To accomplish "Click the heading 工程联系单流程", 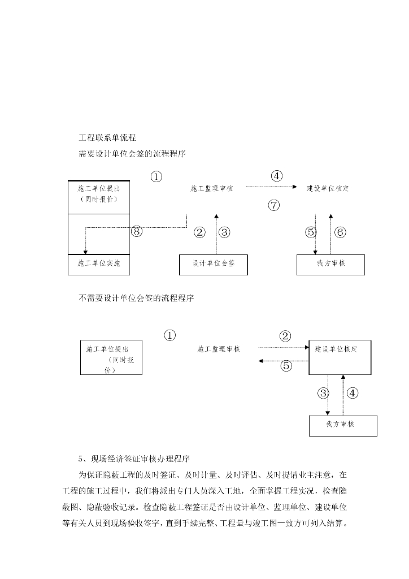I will [x=107, y=137].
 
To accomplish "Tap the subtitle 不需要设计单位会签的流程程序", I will [x=136, y=298].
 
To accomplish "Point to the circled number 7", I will [x=274, y=205].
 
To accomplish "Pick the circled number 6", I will [x=340, y=232].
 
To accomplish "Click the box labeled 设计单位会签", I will [x=214, y=264].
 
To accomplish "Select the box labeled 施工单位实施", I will [x=99, y=264].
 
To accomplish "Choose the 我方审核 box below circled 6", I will [x=330, y=264].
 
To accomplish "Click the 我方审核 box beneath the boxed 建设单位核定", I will [x=343, y=425].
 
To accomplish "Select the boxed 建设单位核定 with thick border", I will [x=340, y=357].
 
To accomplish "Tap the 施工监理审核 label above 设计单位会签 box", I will [x=212, y=188].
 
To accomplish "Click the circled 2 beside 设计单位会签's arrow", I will [x=199, y=232].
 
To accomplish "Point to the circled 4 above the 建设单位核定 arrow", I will [x=276, y=176].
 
